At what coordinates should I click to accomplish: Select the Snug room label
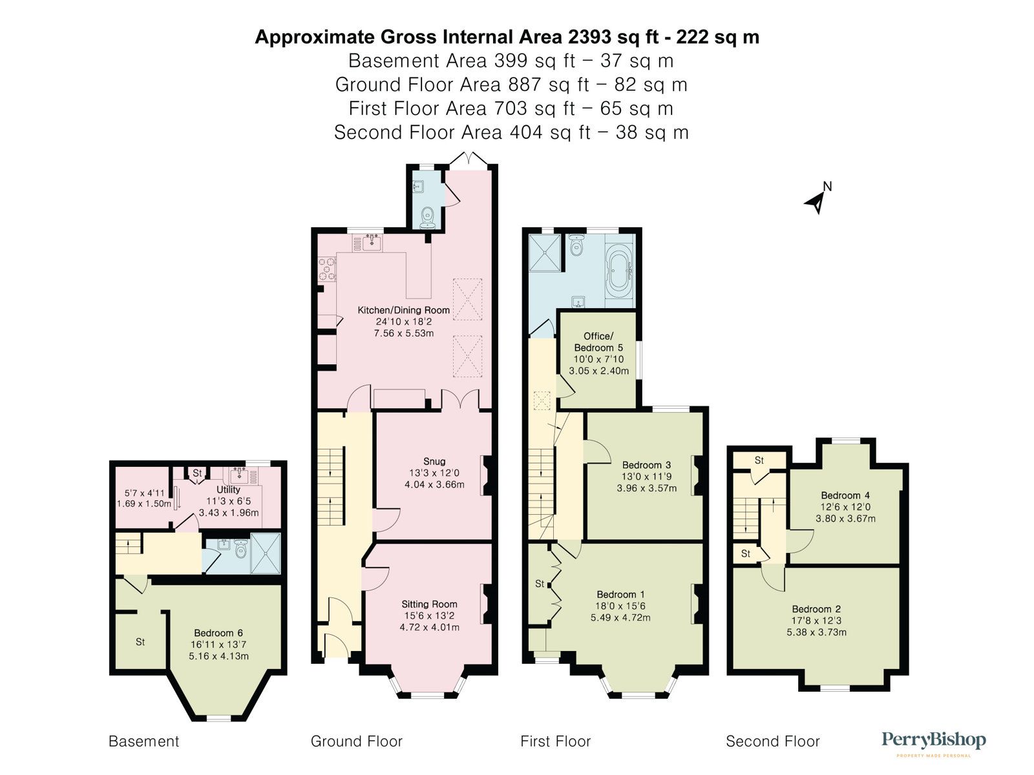coord(434,461)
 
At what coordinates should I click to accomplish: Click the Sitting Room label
coord(429,604)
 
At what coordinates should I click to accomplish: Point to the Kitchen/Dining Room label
coord(404,310)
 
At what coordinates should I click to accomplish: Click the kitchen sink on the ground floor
coord(372,242)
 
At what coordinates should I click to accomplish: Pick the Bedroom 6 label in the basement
coord(218,633)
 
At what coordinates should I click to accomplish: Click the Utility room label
coord(228,490)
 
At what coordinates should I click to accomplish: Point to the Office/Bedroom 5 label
coord(598,342)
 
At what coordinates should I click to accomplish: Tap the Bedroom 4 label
coord(845,495)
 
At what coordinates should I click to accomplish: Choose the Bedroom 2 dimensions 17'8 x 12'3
coord(816,620)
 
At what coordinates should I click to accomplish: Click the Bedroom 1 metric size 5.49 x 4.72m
coord(620,617)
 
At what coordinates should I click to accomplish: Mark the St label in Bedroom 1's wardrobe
coord(540,583)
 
